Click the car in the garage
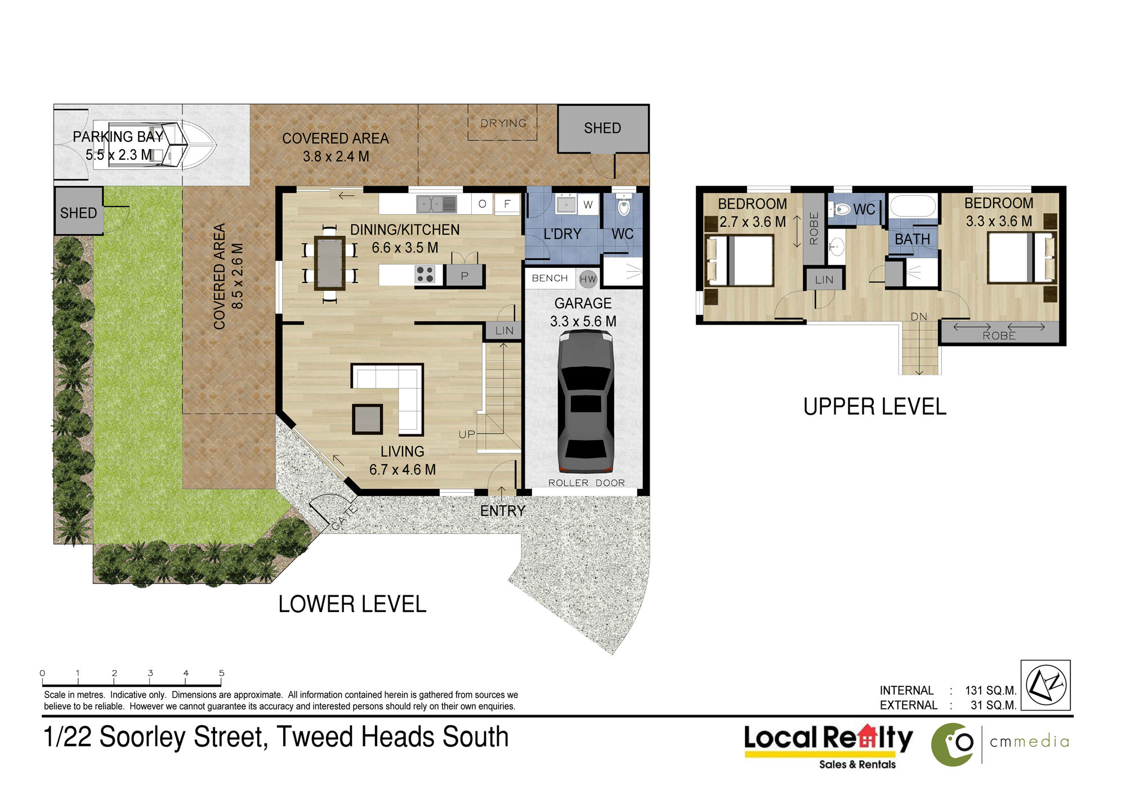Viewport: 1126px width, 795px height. coord(586,401)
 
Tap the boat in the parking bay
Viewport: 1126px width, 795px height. coord(155,145)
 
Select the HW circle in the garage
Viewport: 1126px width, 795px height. coord(588,279)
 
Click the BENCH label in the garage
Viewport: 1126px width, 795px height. coord(549,278)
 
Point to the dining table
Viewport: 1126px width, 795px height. coord(330,263)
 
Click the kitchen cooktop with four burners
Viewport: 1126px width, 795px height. coord(425,275)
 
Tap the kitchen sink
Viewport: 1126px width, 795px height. coord(437,204)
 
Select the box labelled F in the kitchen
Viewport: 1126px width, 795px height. coord(507,204)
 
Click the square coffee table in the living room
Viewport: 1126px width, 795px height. coord(367,419)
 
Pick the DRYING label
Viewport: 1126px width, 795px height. coord(503,123)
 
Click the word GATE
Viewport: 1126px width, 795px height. coord(344,518)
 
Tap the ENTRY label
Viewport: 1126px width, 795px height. coord(503,511)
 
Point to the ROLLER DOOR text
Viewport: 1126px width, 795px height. coord(586,483)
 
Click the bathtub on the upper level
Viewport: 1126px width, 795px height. coord(913,206)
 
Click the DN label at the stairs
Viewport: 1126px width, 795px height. coord(919,317)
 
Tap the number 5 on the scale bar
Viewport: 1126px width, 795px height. coord(222,673)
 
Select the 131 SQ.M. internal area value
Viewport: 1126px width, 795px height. coord(990,690)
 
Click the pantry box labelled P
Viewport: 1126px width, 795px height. coord(464,276)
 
